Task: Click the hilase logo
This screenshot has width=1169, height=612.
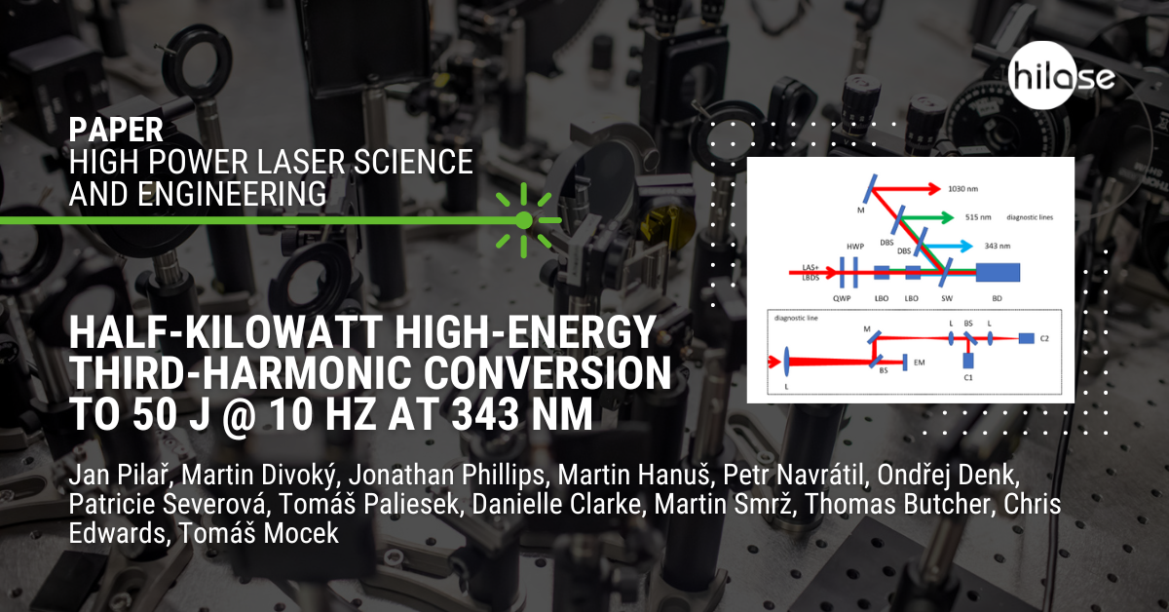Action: tap(1061, 76)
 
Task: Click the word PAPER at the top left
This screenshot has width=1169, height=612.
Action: tap(116, 130)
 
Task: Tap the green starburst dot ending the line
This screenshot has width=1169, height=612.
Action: tap(524, 220)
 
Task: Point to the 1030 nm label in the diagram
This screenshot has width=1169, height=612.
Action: tap(962, 188)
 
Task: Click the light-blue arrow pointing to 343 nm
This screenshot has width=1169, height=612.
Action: tap(948, 246)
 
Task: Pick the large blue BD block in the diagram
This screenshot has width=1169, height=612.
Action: tap(998, 273)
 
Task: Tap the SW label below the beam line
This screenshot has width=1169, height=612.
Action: tap(947, 298)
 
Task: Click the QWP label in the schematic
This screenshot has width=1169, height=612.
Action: tap(842, 298)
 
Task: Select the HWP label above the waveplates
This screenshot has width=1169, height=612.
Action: tap(855, 247)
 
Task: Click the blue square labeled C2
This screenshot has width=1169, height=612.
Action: tap(1026, 338)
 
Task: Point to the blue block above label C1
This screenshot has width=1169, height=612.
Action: tap(968, 361)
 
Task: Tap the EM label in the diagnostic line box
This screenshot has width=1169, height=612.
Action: tap(920, 363)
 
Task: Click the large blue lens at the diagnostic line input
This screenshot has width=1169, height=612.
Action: tap(786, 362)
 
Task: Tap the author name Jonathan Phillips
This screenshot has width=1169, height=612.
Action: tap(447, 475)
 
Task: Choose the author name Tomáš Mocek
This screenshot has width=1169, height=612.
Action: tap(258, 533)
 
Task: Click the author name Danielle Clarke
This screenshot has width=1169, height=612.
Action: tap(556, 504)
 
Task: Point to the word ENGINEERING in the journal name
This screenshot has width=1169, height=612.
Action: tap(231, 194)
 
